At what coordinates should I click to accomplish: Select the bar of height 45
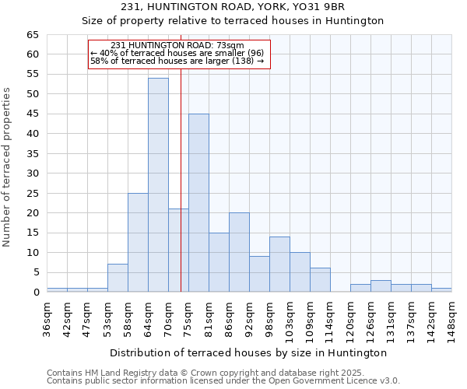tap(198, 203)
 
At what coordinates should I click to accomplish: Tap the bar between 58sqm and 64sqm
tap(138, 243)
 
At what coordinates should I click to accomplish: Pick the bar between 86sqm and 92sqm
tap(239, 252)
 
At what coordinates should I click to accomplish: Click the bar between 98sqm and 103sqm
tap(279, 265)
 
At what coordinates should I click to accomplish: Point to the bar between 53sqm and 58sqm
tap(118, 278)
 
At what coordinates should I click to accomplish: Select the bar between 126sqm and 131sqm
tap(381, 286)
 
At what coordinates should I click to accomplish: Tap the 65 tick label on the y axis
tap(32, 35)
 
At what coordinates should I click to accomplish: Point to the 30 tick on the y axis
tap(32, 173)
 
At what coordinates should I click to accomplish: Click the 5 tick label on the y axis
tap(36, 272)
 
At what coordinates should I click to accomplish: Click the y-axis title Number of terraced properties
tap(8, 167)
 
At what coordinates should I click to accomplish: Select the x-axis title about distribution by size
tap(248, 353)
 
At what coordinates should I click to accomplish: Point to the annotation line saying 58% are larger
tap(177, 61)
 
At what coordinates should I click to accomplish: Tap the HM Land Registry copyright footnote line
tap(200, 373)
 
